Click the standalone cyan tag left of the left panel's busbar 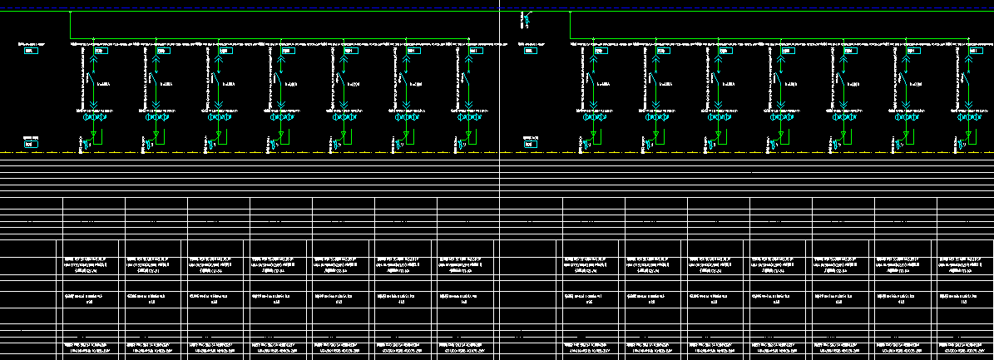point(32,51)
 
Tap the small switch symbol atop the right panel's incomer point(526,17)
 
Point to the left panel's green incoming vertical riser point(71,25)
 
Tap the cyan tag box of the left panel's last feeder point(474,51)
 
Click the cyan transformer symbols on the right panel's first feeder point(593,117)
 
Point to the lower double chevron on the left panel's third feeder point(218,106)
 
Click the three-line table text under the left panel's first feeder point(87,264)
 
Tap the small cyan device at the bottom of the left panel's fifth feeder point(335,146)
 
